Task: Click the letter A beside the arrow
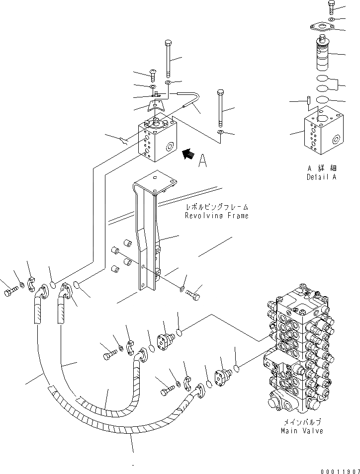click(202, 162)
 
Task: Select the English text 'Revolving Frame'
click(216, 216)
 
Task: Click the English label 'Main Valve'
click(301, 431)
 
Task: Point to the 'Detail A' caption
click(321, 177)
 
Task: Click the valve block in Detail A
click(320, 132)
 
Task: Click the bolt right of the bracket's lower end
click(194, 295)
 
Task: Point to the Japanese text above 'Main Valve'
click(301, 422)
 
